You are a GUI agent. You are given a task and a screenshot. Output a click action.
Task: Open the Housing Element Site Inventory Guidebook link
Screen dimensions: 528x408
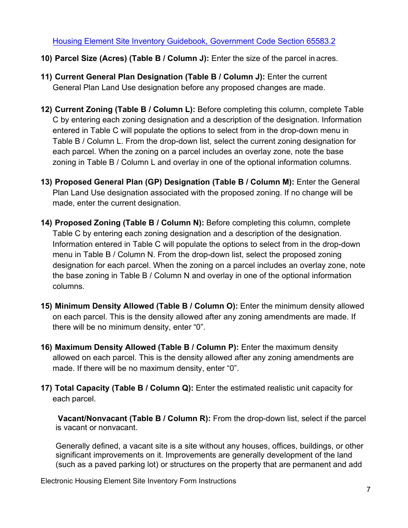(x=194, y=41)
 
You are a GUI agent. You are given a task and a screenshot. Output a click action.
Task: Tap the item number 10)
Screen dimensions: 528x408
(x=46, y=58)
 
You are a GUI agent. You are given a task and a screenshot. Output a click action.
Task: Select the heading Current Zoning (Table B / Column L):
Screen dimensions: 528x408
(x=125, y=109)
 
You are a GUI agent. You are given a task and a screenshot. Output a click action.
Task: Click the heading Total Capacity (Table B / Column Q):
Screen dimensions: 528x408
(x=124, y=388)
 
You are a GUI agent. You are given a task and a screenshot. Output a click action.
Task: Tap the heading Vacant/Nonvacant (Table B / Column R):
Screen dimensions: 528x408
(x=134, y=419)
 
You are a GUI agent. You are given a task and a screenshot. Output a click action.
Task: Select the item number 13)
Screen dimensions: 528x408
(x=46, y=182)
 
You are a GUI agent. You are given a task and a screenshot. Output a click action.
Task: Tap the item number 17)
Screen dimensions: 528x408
(x=46, y=388)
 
